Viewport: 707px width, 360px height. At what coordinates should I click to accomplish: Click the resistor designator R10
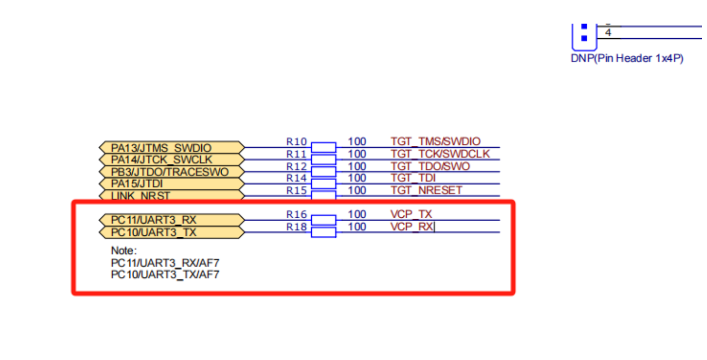pyautogui.click(x=296, y=142)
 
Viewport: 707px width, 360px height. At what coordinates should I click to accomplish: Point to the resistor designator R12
pyautogui.click(x=296, y=166)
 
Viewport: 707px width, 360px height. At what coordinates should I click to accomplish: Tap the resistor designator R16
pyautogui.click(x=296, y=214)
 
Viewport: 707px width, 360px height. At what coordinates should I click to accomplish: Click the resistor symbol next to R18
pyautogui.click(x=323, y=232)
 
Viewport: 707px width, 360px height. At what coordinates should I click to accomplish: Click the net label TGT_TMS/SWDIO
pyautogui.click(x=435, y=141)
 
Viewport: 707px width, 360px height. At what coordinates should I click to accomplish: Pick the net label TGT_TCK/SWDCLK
pyautogui.click(x=440, y=153)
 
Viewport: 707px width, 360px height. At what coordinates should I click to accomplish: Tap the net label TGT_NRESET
pyautogui.click(x=426, y=190)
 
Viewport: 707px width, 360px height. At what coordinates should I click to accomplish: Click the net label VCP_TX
pyautogui.click(x=411, y=214)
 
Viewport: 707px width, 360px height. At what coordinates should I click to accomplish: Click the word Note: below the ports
pyautogui.click(x=124, y=250)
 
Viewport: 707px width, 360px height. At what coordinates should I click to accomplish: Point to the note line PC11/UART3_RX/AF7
pyautogui.click(x=165, y=262)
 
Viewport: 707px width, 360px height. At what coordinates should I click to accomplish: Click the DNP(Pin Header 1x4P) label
pyautogui.click(x=627, y=58)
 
